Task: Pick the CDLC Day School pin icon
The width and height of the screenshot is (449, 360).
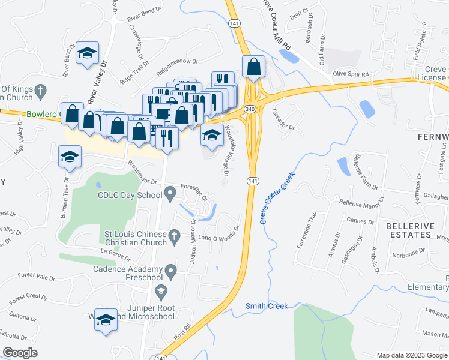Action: [170, 194]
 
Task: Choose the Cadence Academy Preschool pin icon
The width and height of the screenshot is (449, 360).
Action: [171, 273]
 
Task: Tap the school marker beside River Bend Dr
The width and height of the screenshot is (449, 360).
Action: [88, 53]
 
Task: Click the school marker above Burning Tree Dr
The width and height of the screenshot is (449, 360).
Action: [70, 158]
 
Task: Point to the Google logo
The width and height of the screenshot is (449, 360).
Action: [20, 353]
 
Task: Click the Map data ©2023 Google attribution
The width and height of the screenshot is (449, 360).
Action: [411, 355]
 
